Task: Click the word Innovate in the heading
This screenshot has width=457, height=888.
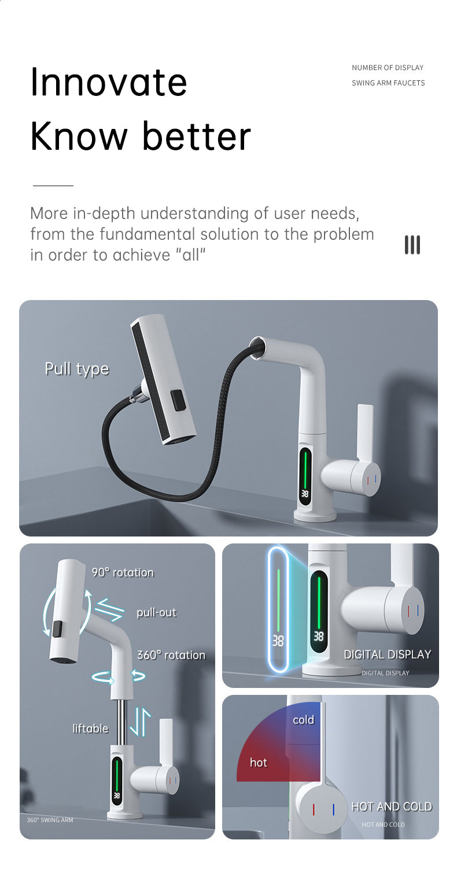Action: coord(108,82)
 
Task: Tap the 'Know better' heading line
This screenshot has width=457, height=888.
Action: coord(141,136)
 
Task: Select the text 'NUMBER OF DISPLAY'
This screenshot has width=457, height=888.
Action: coord(388,68)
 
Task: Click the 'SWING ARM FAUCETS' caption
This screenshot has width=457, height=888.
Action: coord(388,83)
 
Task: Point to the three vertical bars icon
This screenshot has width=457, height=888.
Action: coord(412,245)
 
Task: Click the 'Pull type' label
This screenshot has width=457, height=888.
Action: coord(76,369)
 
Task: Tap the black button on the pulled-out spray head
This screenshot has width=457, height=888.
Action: coord(178,400)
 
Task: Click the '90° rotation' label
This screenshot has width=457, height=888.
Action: coord(123,572)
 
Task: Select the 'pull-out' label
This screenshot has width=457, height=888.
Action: coord(156,612)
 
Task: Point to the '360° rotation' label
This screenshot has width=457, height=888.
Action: coord(171,655)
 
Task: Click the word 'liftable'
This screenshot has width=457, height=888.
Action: coord(90,728)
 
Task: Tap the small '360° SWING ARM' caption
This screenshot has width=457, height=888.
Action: coord(50,820)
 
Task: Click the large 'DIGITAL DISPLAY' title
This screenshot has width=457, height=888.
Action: coord(387,654)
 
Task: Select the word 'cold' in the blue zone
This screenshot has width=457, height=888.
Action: coord(304,720)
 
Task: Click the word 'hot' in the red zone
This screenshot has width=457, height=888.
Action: coord(258,763)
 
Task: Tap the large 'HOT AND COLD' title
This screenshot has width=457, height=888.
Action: coord(392,806)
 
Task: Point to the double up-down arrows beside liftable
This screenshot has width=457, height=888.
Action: coord(140,722)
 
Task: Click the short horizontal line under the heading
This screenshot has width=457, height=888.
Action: coord(53,186)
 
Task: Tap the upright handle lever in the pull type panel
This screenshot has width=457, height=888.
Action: coord(366,431)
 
